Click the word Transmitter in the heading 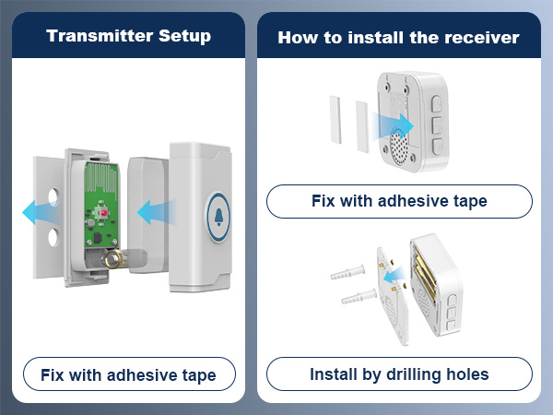100,36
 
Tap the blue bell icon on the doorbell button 218,217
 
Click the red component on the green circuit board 104,213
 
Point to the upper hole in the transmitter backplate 53,197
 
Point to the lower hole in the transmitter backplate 53,237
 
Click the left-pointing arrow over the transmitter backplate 40,212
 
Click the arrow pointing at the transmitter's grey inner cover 157,212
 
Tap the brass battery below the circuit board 113,259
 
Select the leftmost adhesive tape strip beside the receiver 335,120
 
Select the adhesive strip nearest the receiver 362,126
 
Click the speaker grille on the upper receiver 399,146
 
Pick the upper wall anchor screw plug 347,272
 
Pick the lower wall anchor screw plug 359,297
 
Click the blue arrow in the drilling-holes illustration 394,275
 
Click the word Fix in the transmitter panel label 53,374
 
